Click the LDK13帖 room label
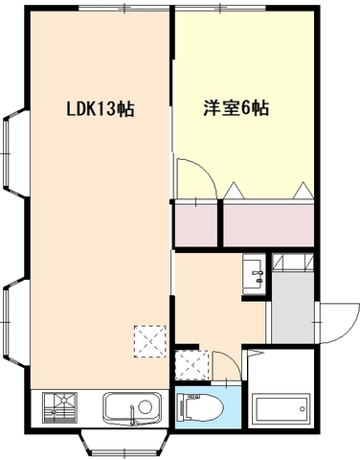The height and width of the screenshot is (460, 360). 101,108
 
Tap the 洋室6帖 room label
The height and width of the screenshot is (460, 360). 236,108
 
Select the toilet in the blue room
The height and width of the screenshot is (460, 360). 201,407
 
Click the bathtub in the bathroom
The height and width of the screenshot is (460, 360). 281,409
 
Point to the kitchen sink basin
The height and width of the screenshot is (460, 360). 133,408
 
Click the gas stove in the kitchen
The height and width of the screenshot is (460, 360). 59,407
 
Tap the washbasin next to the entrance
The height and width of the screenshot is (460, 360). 254,274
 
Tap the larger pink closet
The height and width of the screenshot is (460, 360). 268,225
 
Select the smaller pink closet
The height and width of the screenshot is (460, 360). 196,225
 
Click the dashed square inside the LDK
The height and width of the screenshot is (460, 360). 150,341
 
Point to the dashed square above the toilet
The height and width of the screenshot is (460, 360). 191,365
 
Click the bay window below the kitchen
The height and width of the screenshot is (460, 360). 124,444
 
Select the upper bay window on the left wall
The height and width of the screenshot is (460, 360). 15,153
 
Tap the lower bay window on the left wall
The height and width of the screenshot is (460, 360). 15,323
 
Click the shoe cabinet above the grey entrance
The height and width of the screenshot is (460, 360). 293,263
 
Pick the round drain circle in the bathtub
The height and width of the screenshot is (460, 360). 302,409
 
